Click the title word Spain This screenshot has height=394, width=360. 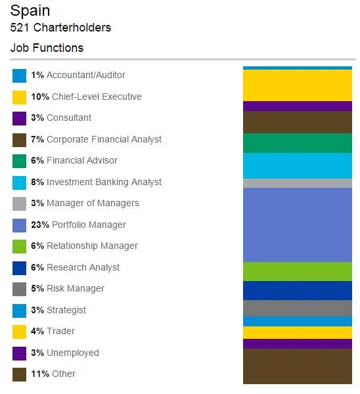pos(30,11)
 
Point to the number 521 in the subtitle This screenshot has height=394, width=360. pos(20,28)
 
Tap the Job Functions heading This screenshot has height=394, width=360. pos(47,48)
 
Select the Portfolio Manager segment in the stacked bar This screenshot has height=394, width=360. pos(297,225)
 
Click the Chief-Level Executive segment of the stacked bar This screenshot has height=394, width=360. pos(297,85)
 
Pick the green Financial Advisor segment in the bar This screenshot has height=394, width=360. pos(297,143)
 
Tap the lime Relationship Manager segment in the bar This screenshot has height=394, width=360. pos(297,271)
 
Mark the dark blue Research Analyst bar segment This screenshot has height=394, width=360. pos(297,290)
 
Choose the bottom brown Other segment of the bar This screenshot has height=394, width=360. pos(297,366)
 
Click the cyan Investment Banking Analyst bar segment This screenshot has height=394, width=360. pos(297,165)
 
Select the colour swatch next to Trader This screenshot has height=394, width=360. pos(19,332)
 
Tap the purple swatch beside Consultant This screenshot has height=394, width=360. pos(19,118)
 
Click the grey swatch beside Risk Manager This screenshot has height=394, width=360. pos(19,289)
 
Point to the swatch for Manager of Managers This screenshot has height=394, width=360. pos(19,204)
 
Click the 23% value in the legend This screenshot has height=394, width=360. pos(39,225)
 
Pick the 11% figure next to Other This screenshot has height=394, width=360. pos(39,374)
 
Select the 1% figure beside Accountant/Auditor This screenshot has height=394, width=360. pos(37,75)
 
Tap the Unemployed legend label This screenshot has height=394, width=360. pos(72,353)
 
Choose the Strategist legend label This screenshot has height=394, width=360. pos(66,310)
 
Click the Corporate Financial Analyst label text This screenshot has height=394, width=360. pos(104,139)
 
